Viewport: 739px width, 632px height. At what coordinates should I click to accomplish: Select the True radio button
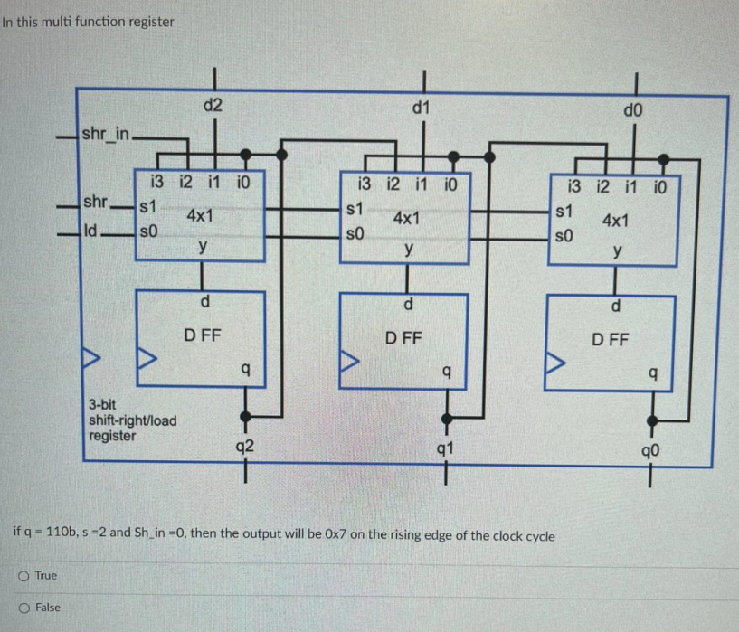[x=19, y=575]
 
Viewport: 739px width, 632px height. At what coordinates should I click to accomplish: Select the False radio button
[x=19, y=608]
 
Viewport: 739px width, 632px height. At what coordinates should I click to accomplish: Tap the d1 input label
[x=421, y=108]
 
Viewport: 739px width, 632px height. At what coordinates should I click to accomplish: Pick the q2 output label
[x=244, y=445]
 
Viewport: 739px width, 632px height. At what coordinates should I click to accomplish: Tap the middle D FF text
[x=403, y=339]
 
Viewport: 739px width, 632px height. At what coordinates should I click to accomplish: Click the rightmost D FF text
[x=612, y=341]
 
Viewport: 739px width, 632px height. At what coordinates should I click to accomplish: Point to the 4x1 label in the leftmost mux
[x=199, y=217]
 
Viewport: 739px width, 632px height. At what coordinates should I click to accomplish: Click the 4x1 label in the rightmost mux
[x=618, y=220]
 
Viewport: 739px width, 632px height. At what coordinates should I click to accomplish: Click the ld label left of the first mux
[x=90, y=231]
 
